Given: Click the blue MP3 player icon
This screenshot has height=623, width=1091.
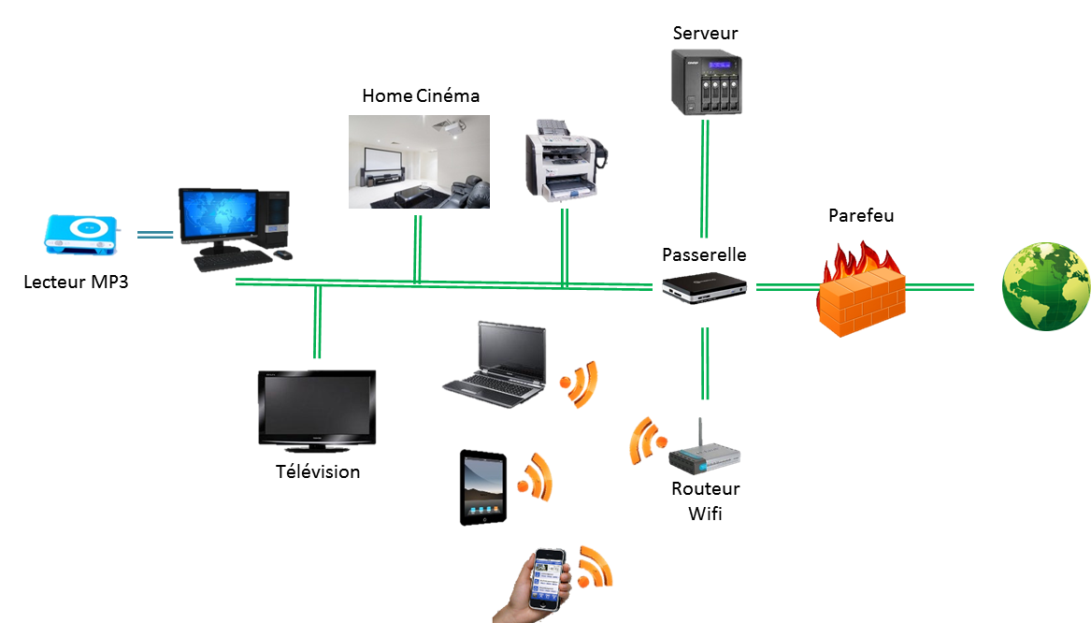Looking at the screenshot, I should click(80, 234).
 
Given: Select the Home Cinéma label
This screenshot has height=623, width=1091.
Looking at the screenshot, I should click(421, 96).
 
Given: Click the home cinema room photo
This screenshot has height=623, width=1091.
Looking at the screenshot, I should click(419, 162).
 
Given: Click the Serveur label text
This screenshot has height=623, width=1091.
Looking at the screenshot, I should click(705, 34).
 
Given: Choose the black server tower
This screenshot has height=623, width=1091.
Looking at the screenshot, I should click(705, 83).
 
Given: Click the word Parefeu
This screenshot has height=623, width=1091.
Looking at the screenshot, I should click(861, 216).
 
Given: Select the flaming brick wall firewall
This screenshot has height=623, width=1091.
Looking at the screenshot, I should click(860, 290).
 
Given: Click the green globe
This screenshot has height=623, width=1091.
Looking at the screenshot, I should click(1044, 286).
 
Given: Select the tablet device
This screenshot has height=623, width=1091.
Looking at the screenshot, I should click(482, 488).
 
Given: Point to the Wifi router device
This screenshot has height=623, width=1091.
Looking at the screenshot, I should click(703, 456).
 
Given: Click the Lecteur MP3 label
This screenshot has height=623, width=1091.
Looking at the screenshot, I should click(76, 281).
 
